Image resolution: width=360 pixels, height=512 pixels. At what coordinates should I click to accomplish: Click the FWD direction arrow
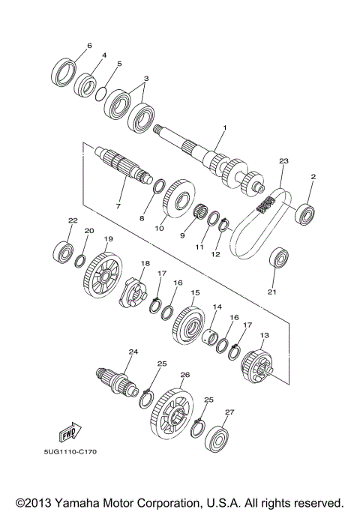[70, 432]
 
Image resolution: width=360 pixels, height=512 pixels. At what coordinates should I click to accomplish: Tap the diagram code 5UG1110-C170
[70, 452]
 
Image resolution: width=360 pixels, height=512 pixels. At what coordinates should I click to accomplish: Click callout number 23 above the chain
[283, 160]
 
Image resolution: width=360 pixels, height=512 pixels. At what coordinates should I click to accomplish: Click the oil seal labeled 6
[64, 72]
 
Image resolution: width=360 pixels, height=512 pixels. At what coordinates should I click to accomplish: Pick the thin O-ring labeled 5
[101, 94]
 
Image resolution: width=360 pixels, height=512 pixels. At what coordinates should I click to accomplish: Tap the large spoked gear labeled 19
[101, 275]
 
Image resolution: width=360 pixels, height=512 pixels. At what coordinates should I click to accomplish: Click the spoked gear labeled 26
[172, 414]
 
